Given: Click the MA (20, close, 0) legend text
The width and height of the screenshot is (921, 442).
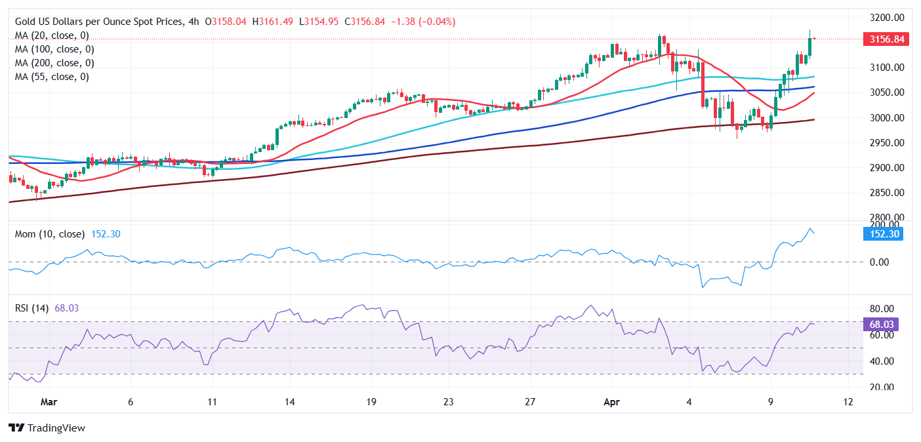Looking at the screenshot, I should (x=52, y=35).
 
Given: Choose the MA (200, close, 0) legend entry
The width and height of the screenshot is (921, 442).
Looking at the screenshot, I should (x=54, y=63).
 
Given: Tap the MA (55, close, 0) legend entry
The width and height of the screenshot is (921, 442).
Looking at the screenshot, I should (x=52, y=77).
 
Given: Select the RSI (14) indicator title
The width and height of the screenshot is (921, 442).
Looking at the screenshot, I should (x=32, y=308).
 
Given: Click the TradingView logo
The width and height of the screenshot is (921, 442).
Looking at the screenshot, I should (x=47, y=428).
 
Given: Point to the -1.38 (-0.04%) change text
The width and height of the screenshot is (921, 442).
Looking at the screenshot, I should (x=423, y=22).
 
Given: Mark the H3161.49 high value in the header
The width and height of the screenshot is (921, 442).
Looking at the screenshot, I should (x=274, y=22).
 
